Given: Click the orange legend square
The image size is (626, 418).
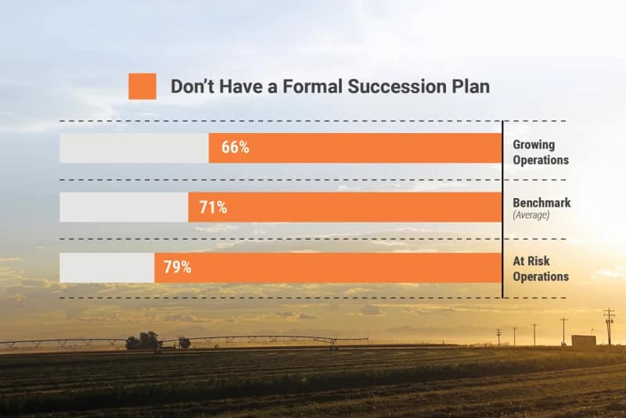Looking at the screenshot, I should (142, 86).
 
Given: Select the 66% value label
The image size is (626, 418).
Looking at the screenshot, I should (235, 148).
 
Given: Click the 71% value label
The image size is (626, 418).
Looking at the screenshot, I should (213, 207).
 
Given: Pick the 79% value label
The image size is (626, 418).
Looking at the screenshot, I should (177, 267).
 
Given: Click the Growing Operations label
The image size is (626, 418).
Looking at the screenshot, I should (540, 152).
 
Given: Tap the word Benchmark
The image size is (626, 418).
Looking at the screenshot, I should (541, 203).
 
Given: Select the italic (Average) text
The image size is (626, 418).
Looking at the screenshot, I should (532, 214).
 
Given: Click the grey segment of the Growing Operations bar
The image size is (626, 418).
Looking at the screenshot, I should (134, 148).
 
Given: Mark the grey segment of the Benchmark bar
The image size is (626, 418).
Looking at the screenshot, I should (124, 207).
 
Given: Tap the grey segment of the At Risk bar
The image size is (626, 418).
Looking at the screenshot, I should (106, 267).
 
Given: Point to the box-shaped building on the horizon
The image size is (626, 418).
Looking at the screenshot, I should (583, 341).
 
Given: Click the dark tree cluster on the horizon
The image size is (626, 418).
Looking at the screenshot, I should (144, 341).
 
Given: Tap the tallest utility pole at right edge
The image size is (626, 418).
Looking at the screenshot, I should (609, 325).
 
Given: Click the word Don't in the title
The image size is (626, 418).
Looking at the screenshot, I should (192, 86).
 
